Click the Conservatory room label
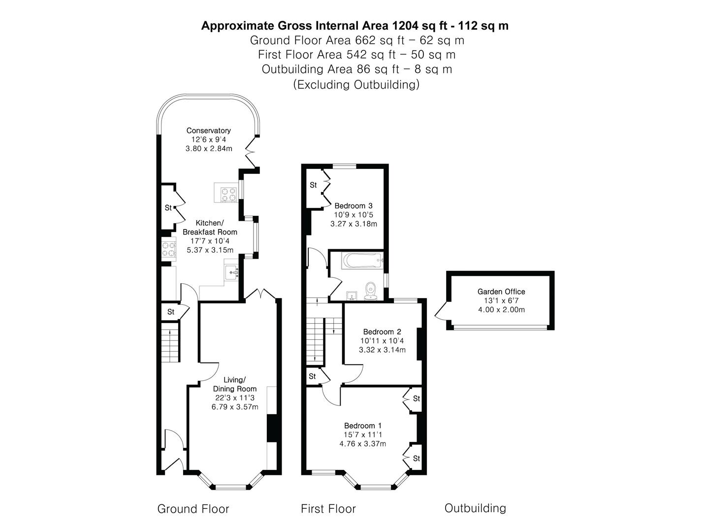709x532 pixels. point(208,131)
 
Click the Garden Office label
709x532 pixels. point(501,292)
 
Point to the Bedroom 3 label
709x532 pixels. point(353,206)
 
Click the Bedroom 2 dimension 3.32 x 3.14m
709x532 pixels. point(382,350)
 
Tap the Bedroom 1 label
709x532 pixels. point(362,426)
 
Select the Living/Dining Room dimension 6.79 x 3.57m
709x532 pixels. point(234,407)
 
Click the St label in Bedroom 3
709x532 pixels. point(313,185)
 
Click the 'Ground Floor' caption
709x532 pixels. point(193,509)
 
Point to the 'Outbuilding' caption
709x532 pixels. point(475,508)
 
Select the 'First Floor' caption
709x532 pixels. point(328,509)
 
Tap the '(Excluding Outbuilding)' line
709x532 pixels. point(356,84)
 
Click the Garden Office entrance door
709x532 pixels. point(441,311)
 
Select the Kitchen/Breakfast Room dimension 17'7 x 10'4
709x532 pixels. point(210,241)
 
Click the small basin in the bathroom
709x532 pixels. point(352,295)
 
